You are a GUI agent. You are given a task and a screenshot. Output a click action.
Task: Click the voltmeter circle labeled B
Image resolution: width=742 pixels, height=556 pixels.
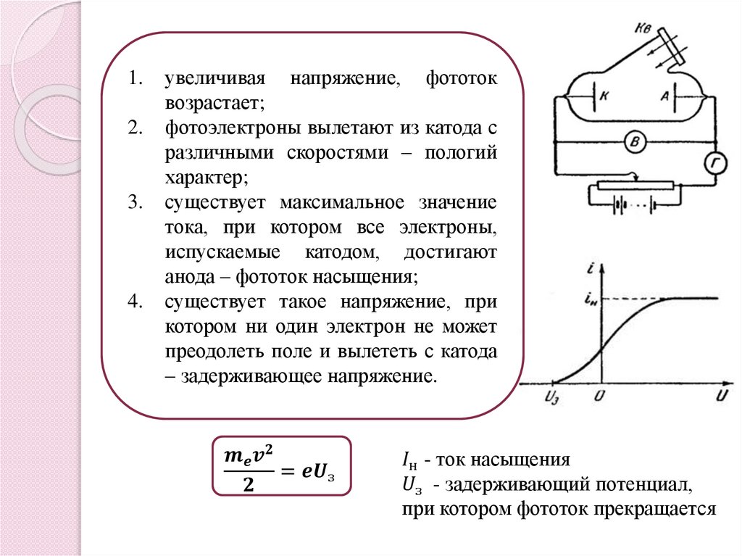pyautogui.click(x=635, y=143)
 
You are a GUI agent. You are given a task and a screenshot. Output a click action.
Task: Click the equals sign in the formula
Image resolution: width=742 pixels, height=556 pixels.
pyautogui.click(x=288, y=472)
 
